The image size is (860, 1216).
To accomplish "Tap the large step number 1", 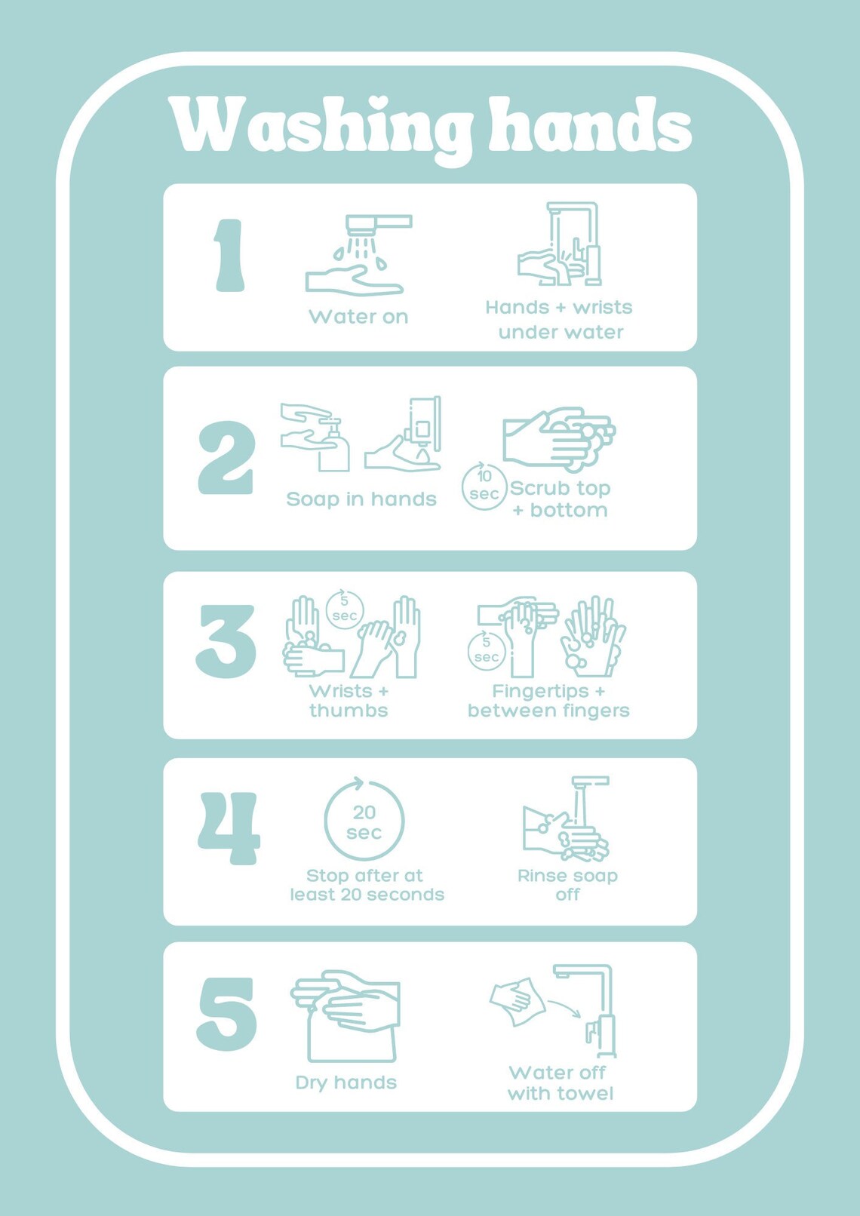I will click(229, 256).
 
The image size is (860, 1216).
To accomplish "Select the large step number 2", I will click(226, 458).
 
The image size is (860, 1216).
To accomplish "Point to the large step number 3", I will click(226, 641).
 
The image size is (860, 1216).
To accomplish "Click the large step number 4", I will click(229, 828).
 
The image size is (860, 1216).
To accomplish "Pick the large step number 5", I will click(226, 1014).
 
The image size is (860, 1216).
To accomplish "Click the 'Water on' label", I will click(358, 317).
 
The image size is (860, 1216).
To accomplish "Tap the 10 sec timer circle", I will click(484, 487).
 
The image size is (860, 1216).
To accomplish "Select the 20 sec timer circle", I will click(364, 821).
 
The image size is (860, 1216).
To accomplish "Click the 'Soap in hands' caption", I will click(361, 499).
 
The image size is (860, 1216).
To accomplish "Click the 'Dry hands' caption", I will click(346, 1082).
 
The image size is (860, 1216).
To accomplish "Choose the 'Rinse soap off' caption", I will click(567, 885).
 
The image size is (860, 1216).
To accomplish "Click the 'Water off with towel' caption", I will click(560, 1083).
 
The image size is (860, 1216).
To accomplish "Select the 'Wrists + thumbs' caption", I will click(349, 701).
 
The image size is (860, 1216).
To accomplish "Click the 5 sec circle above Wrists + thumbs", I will click(345, 610).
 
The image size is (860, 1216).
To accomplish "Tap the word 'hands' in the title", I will click(590, 124).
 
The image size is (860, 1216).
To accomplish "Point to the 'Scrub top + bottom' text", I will click(560, 499).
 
